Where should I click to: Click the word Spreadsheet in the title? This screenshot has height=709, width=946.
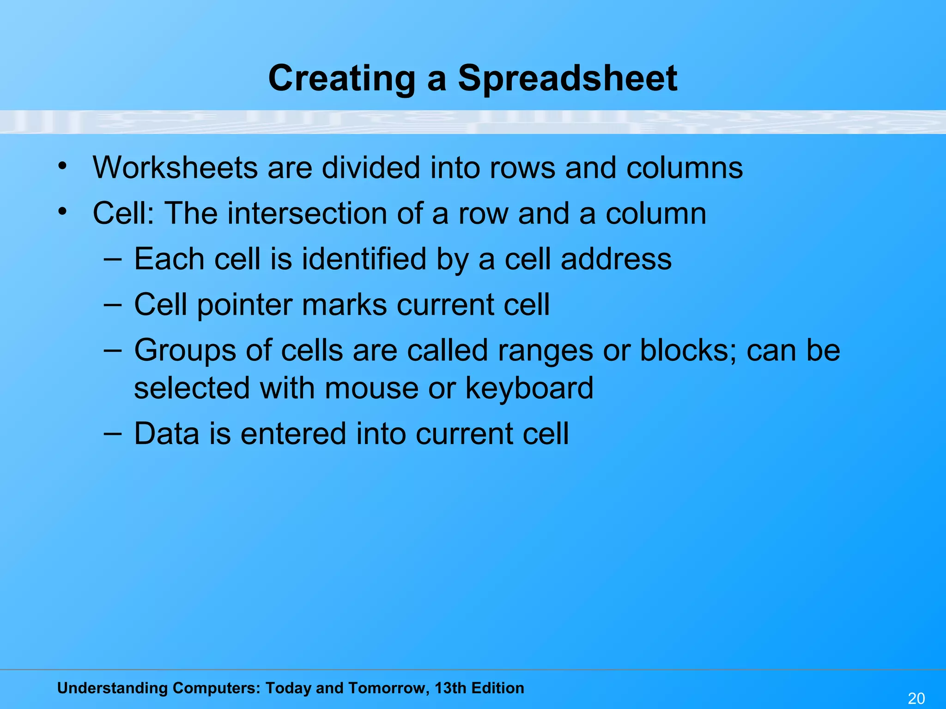[x=567, y=78]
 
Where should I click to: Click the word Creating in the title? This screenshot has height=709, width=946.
[x=342, y=78]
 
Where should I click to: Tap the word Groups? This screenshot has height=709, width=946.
[x=185, y=351]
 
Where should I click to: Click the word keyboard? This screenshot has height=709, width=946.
[x=529, y=388]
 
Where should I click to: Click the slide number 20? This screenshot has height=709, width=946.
[x=916, y=698]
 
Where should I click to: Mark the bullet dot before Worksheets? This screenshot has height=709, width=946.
[x=63, y=166]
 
